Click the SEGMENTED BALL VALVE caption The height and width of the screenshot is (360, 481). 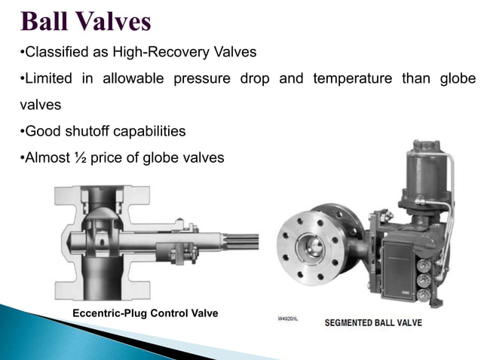pos(373,323)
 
